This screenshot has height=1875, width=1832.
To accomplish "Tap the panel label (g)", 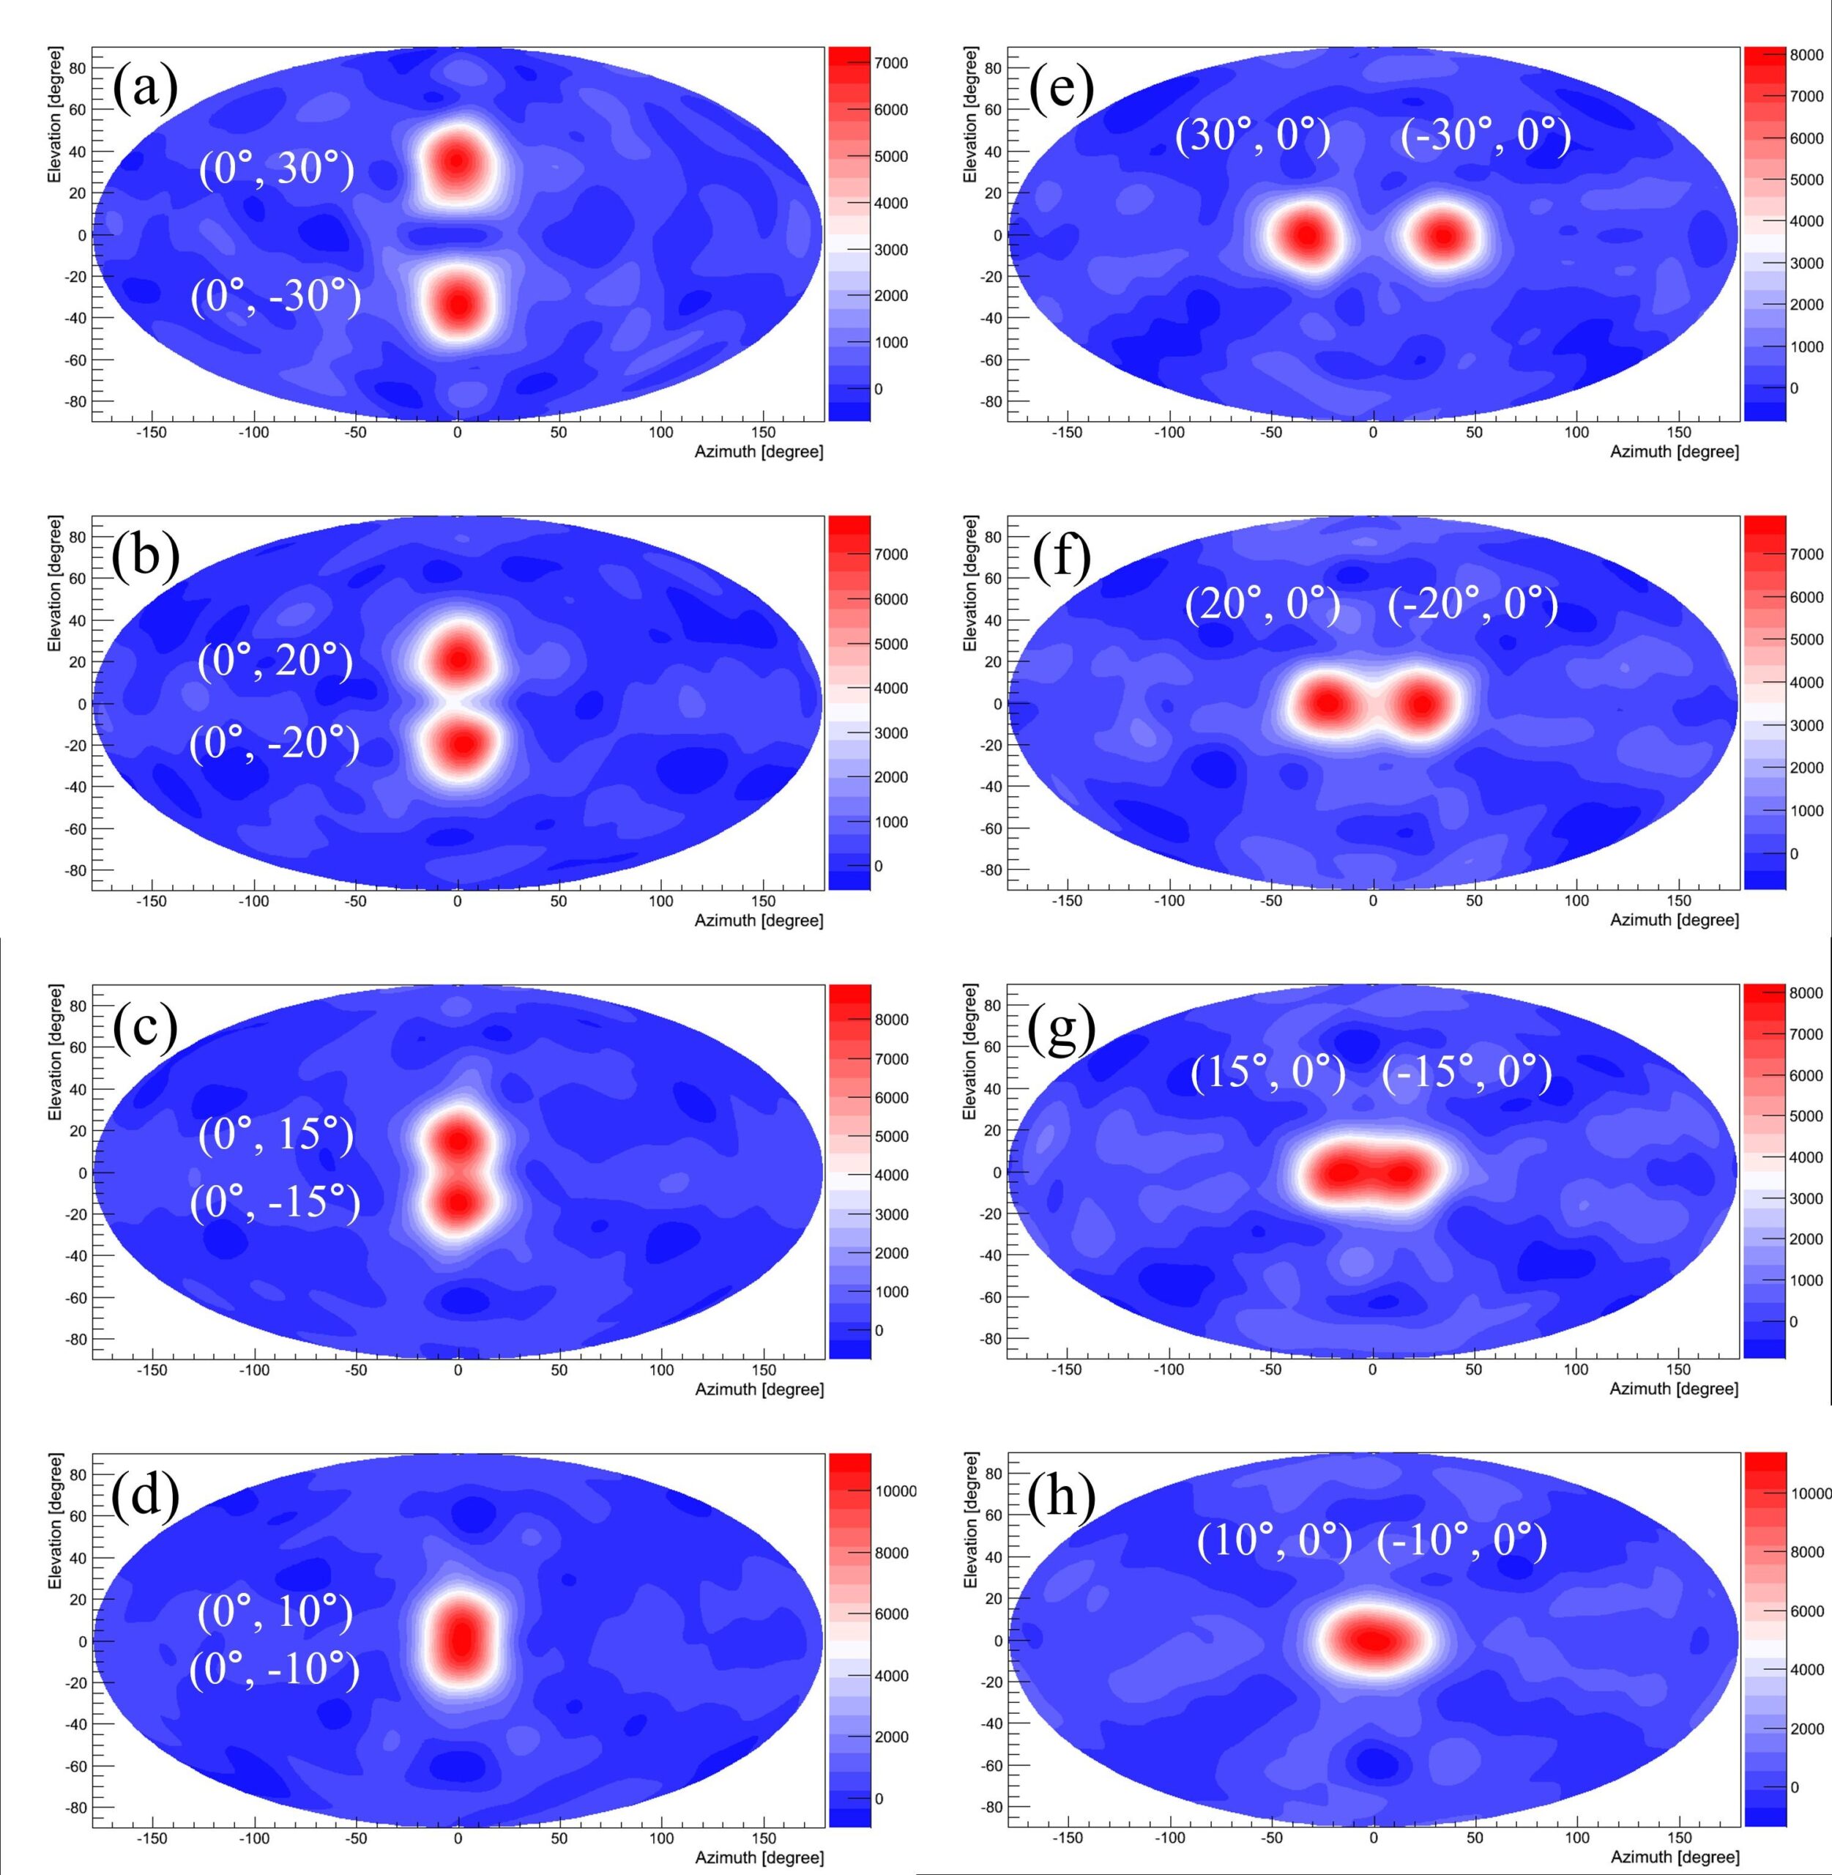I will point(1061,1029).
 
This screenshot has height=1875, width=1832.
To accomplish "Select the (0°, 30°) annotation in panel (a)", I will point(276,169).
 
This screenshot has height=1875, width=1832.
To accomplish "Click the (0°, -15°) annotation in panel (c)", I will point(275,1201).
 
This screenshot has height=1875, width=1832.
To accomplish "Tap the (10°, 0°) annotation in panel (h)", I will point(1274,1541).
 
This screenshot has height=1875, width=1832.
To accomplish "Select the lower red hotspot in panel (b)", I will point(463,743).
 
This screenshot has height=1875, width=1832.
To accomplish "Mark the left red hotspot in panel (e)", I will point(1305,235).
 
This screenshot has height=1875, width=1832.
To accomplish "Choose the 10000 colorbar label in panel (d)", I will point(895,1491).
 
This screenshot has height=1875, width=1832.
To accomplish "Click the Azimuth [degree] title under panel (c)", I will point(759,1389).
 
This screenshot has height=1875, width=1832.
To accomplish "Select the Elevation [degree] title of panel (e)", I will point(970,114).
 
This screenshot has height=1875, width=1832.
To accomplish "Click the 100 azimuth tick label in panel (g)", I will point(1575,1370).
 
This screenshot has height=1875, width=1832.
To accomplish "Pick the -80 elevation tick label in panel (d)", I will point(75,1807).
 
